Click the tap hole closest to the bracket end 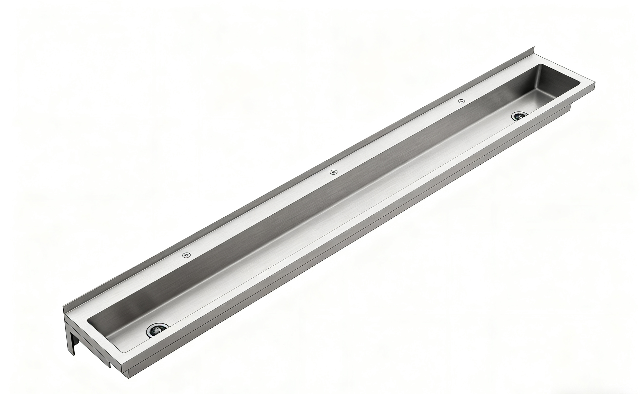[x=186, y=255]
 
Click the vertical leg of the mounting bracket [x=71, y=342]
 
